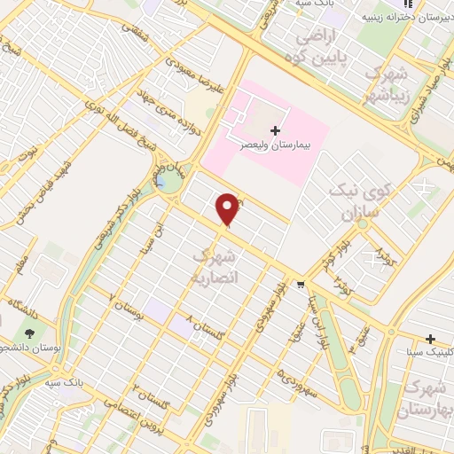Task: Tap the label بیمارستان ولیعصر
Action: (266, 143)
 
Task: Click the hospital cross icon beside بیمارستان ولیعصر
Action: (274, 131)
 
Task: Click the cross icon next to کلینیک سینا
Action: (430, 340)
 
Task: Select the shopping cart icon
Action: (301, 286)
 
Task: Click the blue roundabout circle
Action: (165, 184)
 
